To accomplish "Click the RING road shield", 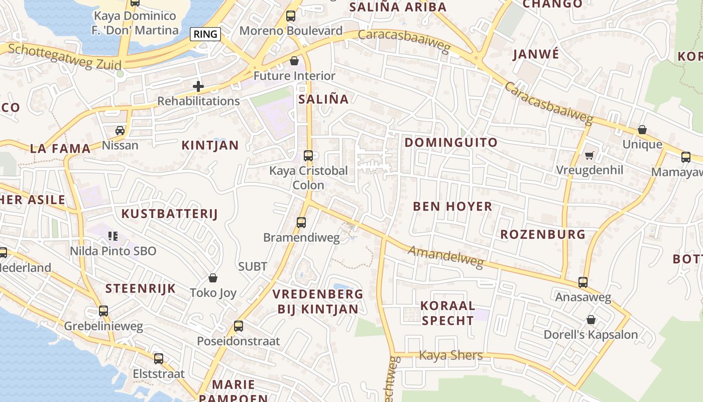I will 205,34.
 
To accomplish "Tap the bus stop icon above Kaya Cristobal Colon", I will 308,156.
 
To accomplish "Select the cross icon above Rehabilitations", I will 198,86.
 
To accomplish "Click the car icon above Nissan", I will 120,131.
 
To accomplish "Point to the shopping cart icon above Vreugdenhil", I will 589,155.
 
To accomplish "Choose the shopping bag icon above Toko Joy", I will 213,278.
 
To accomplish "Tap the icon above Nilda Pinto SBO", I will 113,236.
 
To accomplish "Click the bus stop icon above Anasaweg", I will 582,282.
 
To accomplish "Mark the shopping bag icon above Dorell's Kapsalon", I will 591,320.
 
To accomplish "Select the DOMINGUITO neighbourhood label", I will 451,143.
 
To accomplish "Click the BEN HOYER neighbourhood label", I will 452,207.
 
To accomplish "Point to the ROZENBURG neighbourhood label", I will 543,235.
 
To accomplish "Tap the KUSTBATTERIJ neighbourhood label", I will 170,214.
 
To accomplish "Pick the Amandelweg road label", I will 445,257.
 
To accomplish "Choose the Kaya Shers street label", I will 451,356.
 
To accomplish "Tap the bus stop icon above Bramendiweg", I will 301,222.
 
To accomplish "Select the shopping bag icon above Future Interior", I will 294,61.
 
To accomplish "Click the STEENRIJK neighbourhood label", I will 141,289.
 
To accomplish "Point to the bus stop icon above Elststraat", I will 159,359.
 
